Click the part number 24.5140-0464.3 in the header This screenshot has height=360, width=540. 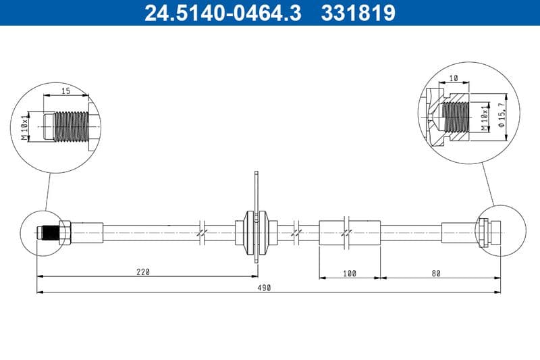click(223, 13)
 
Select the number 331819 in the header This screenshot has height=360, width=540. click(355, 13)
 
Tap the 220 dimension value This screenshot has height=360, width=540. click(142, 272)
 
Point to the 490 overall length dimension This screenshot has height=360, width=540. click(264, 288)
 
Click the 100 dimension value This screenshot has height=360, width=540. click(349, 273)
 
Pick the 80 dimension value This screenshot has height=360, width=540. click(435, 273)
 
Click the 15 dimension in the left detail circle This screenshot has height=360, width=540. click(66, 91)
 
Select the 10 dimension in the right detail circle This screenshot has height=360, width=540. click(454, 78)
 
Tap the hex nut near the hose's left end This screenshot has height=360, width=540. click(65, 232)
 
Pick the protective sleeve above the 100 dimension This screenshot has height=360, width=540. click(349, 232)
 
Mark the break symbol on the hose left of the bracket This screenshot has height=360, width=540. click(202, 232)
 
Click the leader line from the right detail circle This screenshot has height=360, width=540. click(487, 182)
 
